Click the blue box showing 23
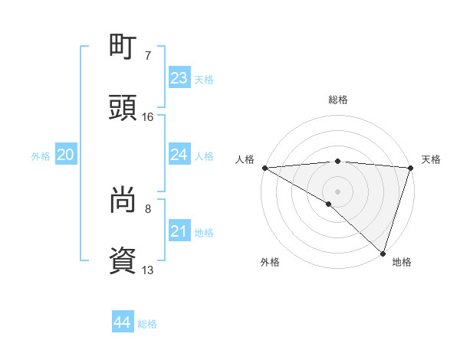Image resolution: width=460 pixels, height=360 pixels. (179, 78)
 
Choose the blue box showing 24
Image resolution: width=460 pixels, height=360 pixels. (179, 155)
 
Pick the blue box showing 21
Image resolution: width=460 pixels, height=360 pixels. (179, 231)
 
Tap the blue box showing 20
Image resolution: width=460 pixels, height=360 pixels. (65, 155)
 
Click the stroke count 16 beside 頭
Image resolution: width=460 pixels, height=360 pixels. (148, 117)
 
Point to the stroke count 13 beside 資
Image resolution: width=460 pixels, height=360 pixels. (148, 270)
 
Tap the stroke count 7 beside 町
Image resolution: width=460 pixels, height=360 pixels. (148, 56)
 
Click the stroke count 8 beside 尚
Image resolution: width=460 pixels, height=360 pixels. (148, 208)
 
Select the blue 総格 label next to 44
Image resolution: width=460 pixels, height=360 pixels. (147, 324)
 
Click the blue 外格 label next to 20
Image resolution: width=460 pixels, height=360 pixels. (41, 156)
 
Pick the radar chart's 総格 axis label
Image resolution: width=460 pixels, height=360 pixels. (337, 100)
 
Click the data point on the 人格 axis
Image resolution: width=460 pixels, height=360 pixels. (264, 168)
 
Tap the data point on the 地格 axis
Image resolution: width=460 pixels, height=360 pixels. (383, 254)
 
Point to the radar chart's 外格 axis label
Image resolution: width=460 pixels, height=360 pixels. (270, 262)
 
